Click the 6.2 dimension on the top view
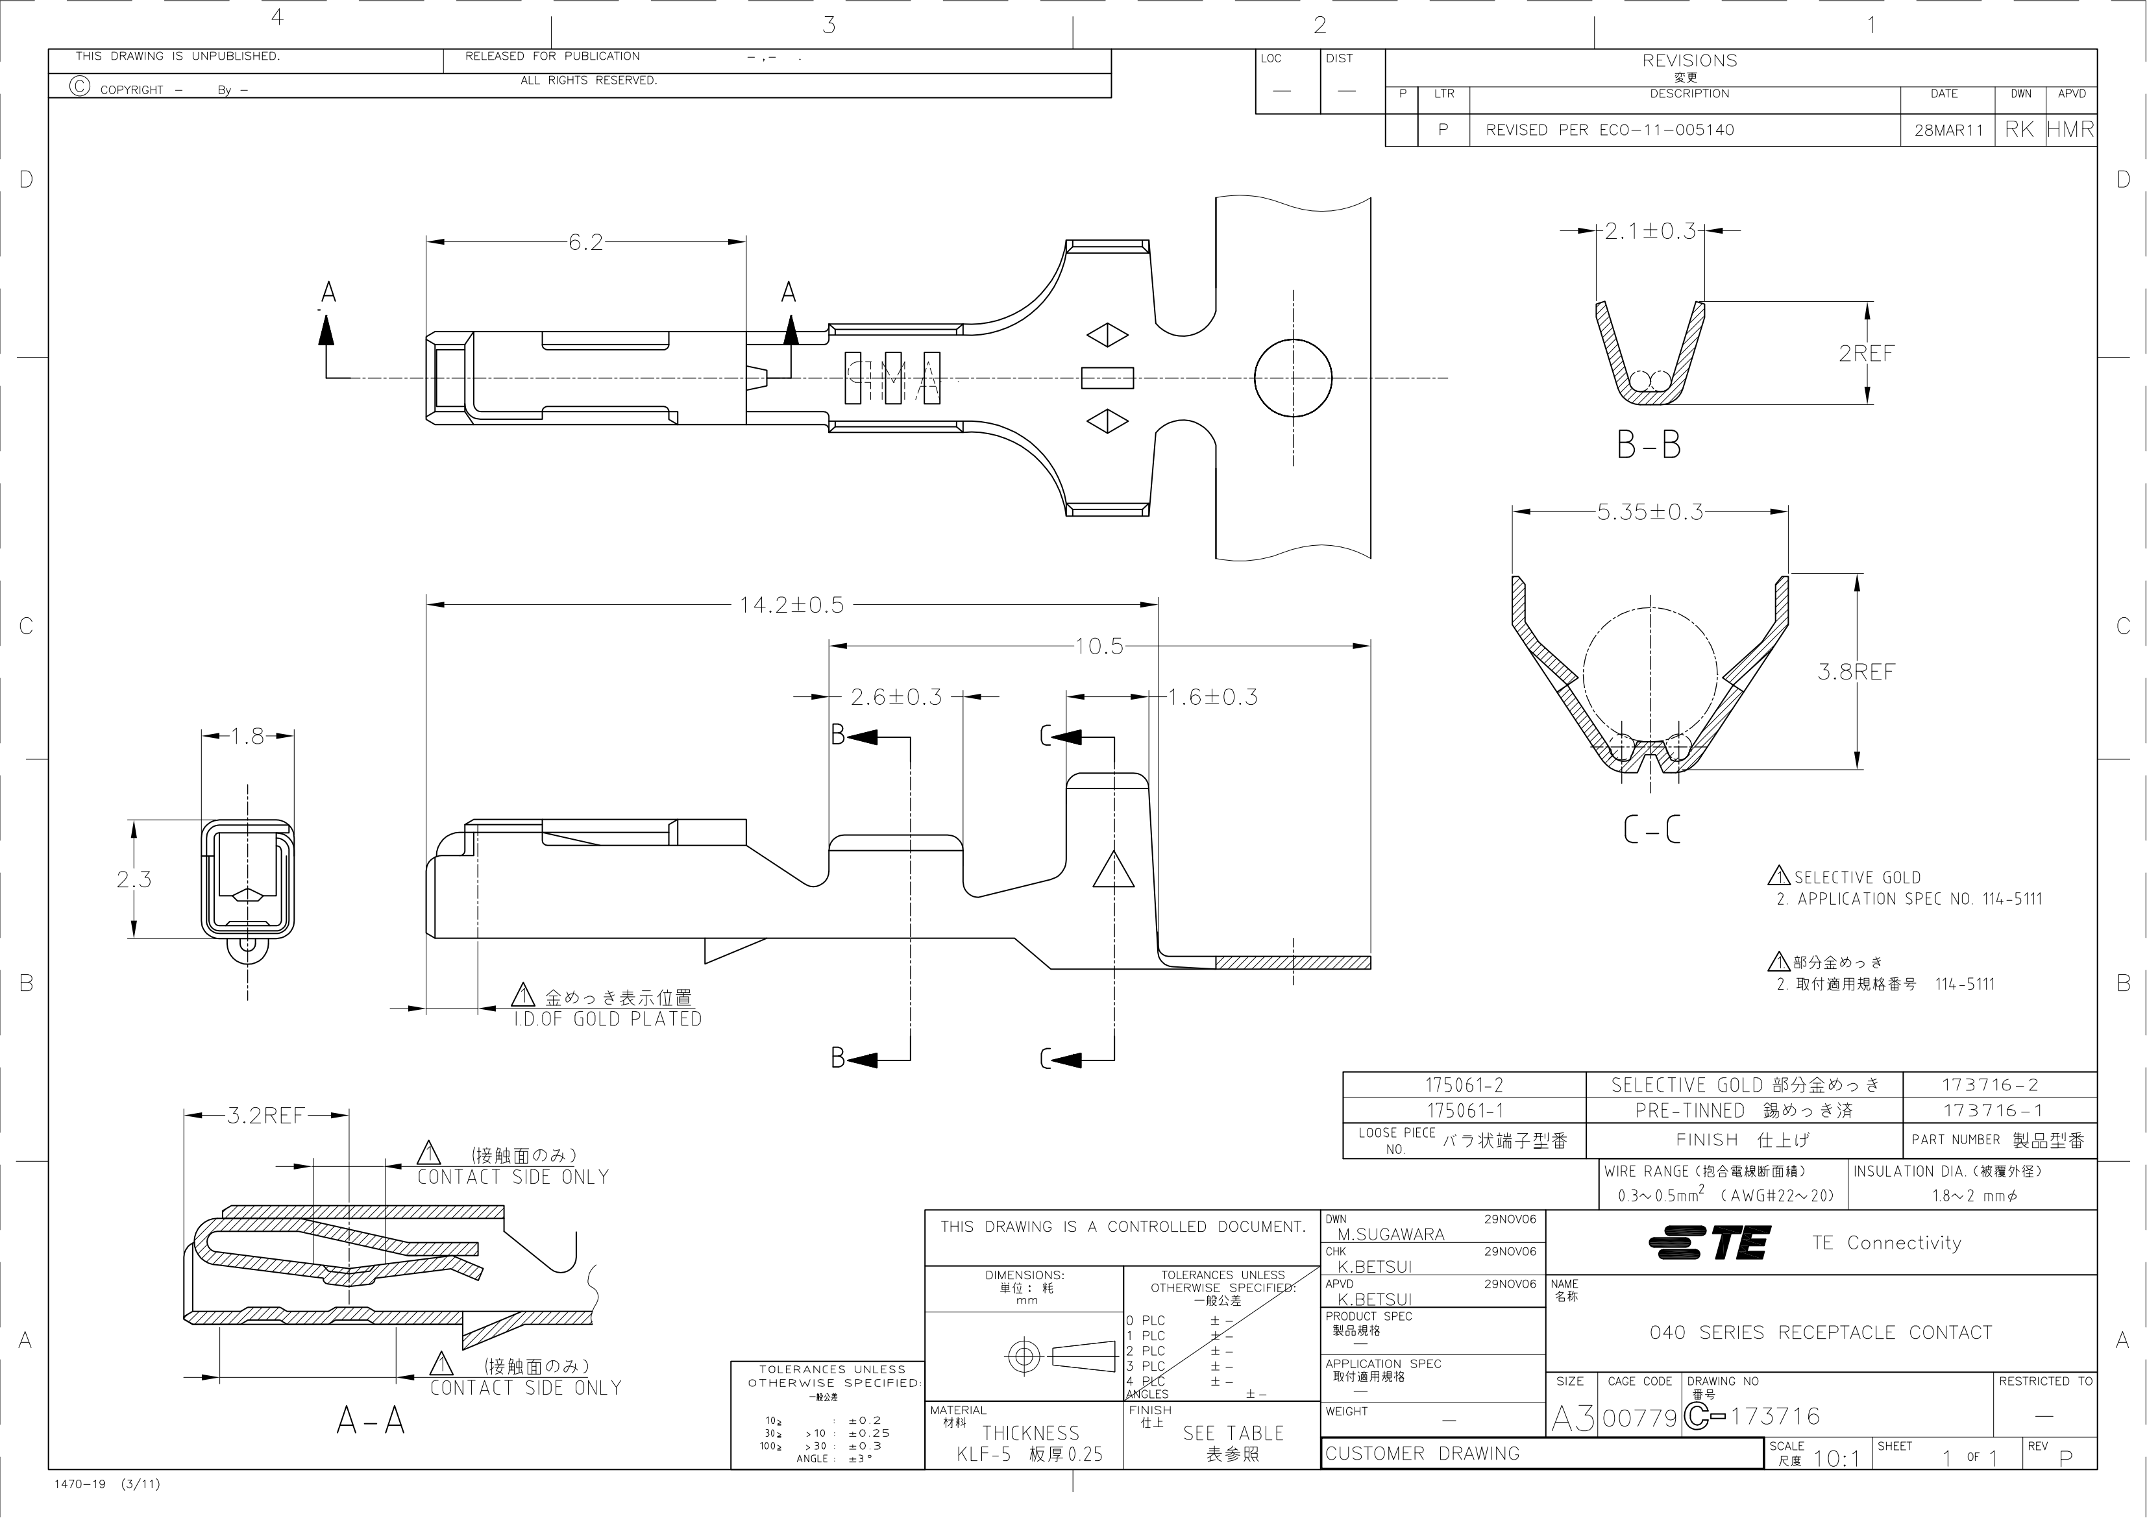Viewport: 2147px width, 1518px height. click(x=585, y=242)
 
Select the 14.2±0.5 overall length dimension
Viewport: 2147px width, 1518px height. click(x=791, y=605)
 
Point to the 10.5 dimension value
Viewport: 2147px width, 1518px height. click(x=1099, y=646)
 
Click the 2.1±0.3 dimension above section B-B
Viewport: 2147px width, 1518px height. click(x=1650, y=231)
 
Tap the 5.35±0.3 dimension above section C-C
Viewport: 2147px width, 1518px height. click(x=1650, y=511)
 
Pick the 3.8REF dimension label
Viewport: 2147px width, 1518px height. click(x=1856, y=672)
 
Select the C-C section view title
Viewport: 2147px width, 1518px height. click(x=1650, y=829)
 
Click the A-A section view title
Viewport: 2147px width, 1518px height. click(x=371, y=1421)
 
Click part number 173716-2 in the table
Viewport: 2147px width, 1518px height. click(x=1990, y=1085)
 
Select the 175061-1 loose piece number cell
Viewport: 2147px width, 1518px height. click(x=1464, y=1110)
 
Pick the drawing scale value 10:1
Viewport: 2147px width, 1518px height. click(x=1837, y=1458)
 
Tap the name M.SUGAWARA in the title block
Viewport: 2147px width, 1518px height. click(x=1390, y=1234)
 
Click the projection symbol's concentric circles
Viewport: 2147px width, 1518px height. click(x=1026, y=1355)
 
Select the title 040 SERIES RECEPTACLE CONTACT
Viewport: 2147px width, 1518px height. click(x=1821, y=1332)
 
